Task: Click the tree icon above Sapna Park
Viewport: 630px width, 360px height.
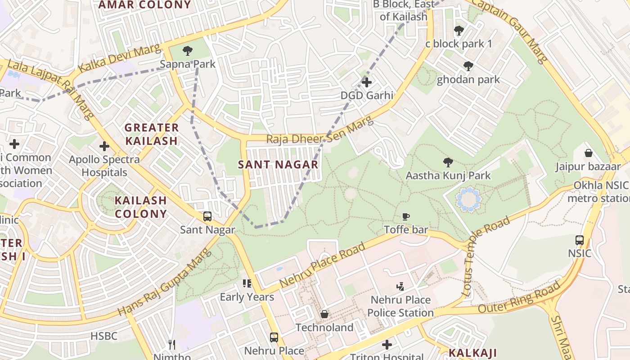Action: click(188, 51)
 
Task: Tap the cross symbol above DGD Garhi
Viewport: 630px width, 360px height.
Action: click(367, 82)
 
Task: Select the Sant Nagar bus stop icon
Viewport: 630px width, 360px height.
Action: click(207, 216)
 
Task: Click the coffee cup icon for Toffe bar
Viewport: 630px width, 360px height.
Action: click(406, 217)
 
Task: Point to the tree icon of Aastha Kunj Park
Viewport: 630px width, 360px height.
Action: click(448, 162)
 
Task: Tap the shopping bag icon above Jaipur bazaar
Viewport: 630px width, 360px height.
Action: click(588, 153)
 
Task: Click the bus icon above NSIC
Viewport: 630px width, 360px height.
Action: click(580, 240)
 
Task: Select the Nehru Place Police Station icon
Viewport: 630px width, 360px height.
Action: click(400, 286)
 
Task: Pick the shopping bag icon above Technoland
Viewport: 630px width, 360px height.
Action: click(324, 314)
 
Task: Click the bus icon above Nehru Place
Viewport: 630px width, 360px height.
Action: click(274, 337)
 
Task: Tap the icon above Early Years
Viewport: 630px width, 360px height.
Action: click(247, 283)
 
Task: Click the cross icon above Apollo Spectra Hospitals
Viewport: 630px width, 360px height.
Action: click(104, 146)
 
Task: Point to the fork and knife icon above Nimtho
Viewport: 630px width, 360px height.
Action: click(171, 345)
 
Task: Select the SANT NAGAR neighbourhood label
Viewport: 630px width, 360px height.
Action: click(278, 165)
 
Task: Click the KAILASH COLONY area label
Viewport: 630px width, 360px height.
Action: click(140, 207)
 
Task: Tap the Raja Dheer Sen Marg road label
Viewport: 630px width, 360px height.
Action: click(319, 130)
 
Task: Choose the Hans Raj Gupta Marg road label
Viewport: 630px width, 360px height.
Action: click(165, 281)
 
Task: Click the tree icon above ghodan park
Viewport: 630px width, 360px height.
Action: click(468, 66)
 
